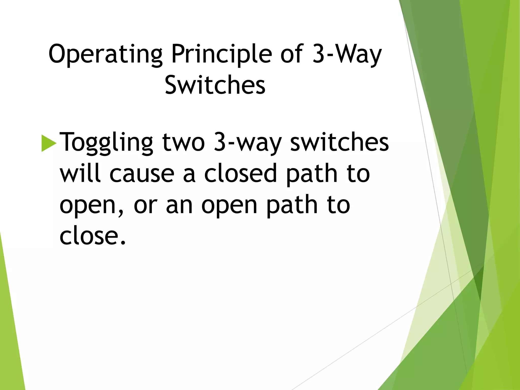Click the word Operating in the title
pyautogui.click(x=105, y=54)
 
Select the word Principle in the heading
pyautogui.click(x=221, y=54)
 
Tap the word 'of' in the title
pyautogui.click(x=292, y=54)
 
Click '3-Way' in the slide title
pyautogui.click(x=347, y=54)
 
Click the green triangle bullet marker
pyautogui.click(x=48, y=143)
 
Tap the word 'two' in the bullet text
pyautogui.click(x=183, y=142)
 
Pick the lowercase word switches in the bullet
pyautogui.click(x=339, y=142)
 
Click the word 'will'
pyautogui.click(x=80, y=173)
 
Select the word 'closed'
pyautogui.click(x=240, y=173)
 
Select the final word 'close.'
pyautogui.click(x=93, y=236)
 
